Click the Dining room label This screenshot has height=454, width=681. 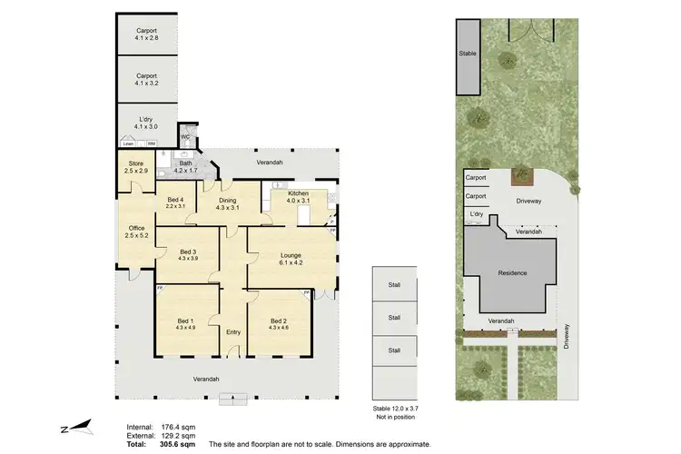tap(228, 203)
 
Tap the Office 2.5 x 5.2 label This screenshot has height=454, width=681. tap(135, 232)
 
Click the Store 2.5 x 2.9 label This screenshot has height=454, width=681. tap(135, 168)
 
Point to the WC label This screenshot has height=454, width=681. tap(185, 137)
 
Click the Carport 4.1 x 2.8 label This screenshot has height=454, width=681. tap(146, 34)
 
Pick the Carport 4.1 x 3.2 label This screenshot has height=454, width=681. tap(146, 79)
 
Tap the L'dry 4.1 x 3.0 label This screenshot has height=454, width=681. tap(146, 123)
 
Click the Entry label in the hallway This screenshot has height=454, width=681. tap(233, 331)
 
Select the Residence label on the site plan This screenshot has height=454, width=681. tap(513, 272)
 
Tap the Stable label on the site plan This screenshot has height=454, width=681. tap(468, 54)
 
